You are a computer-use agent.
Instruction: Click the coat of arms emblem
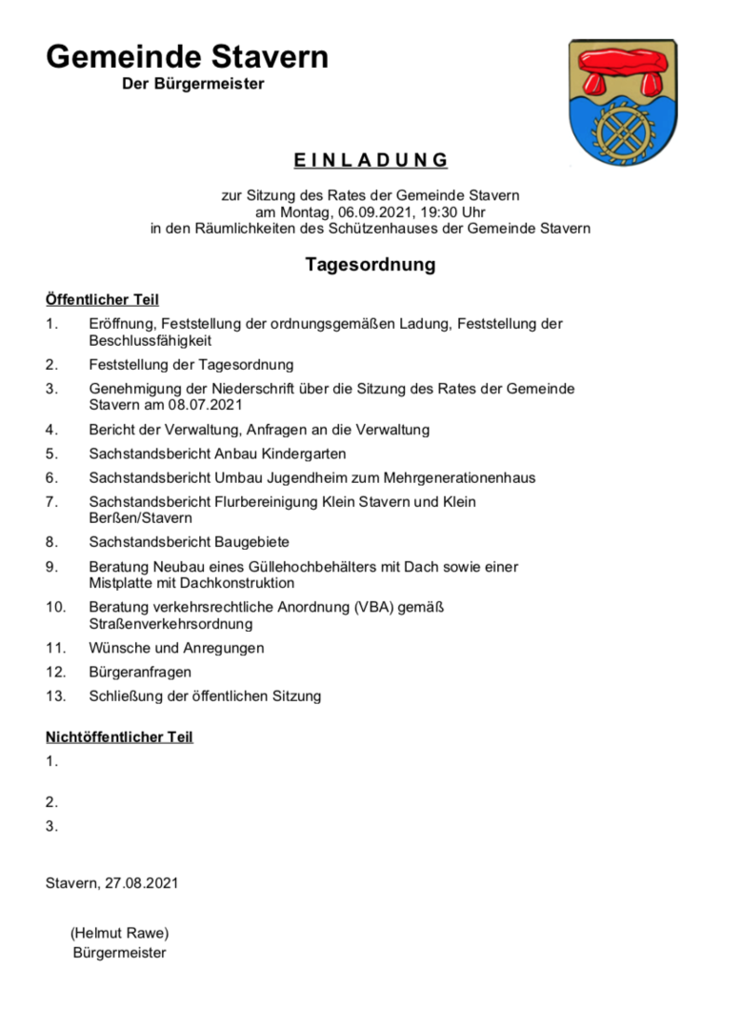[x=622, y=102]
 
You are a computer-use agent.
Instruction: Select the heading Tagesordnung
[x=370, y=264]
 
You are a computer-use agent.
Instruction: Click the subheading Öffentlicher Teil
[x=102, y=300]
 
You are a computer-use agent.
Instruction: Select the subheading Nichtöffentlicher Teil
[x=119, y=736]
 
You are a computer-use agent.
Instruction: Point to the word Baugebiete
[x=245, y=542]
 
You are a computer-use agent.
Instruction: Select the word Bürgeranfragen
[x=140, y=672]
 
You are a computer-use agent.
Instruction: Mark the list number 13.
[x=55, y=696]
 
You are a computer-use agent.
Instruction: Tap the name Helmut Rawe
[x=119, y=933]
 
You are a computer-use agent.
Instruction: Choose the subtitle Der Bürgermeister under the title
[x=193, y=85]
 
